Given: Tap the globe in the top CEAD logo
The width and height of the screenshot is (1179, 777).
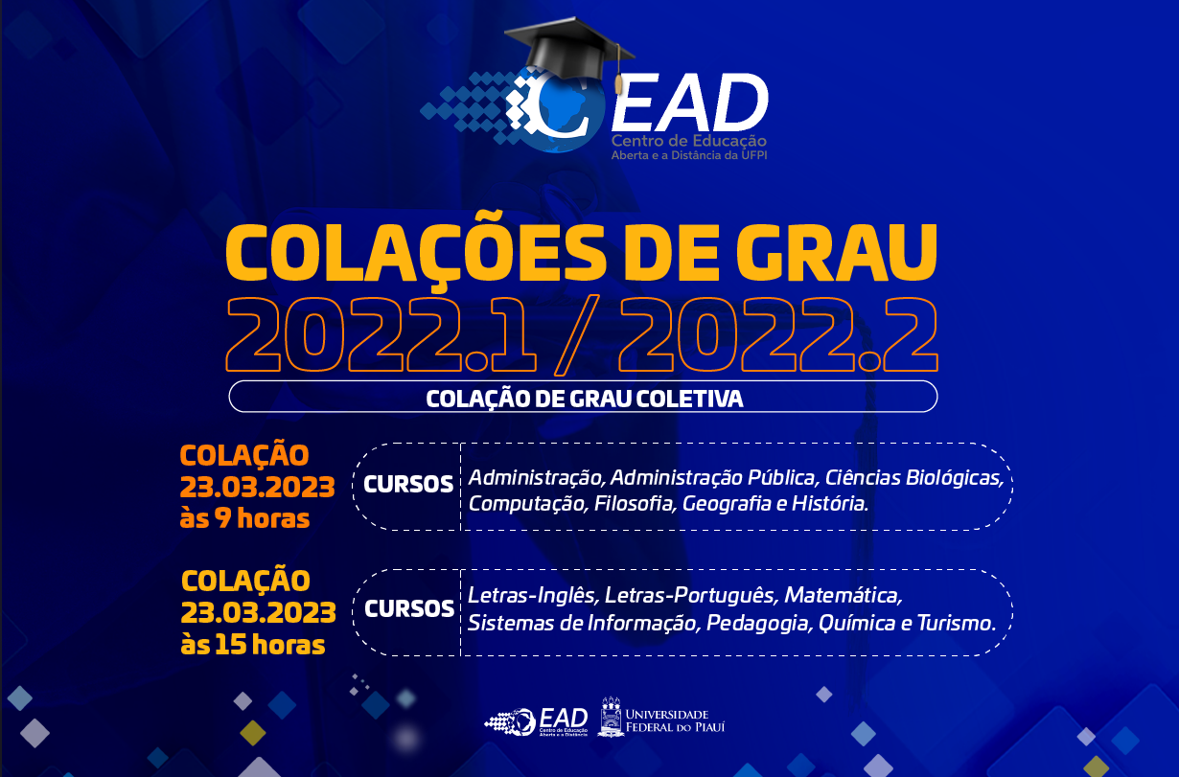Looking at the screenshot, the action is click(558, 113).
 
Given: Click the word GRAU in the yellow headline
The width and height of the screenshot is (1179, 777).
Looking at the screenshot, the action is click(837, 254).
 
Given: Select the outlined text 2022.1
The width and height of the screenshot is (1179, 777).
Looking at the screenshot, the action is click(381, 335).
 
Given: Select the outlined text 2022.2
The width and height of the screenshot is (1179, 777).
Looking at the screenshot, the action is click(778, 335).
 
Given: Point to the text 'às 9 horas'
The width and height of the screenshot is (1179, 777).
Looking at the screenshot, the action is click(244, 518).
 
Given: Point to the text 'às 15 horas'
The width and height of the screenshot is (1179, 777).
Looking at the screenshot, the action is click(253, 645).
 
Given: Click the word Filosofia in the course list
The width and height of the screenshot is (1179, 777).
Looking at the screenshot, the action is click(634, 503).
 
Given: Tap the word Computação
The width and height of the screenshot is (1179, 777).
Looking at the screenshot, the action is click(527, 504).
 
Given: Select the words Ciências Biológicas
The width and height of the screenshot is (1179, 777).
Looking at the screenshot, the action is click(913, 478).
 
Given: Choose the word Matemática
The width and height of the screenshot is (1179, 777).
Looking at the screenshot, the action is click(844, 596).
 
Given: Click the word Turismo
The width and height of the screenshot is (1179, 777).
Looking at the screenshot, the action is click(957, 623).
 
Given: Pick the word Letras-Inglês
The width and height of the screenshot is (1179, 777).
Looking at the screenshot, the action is click(532, 596).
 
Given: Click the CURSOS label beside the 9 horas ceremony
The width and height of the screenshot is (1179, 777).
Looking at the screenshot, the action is click(408, 485).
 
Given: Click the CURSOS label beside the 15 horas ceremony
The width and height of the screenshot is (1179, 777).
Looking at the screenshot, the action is click(409, 609).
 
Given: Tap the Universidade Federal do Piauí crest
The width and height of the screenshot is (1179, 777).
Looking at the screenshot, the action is click(612, 717).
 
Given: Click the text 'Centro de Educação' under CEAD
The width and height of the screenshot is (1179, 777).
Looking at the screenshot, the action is click(688, 141).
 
